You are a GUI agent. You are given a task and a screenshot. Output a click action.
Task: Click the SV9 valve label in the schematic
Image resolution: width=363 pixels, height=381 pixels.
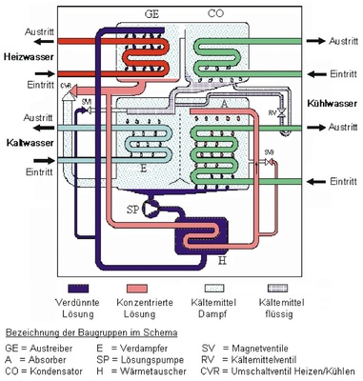pyautogui.click(x=269, y=151)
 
